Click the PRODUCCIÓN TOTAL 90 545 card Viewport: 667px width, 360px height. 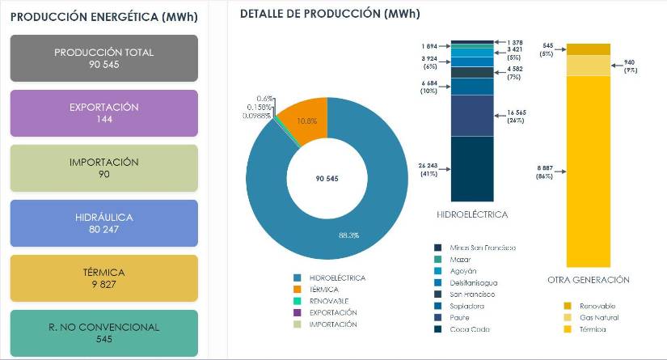click(x=103, y=58)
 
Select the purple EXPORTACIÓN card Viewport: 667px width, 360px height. click(x=103, y=113)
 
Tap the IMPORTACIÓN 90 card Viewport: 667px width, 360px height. click(x=103, y=168)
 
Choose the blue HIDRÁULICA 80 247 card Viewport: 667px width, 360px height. click(x=103, y=223)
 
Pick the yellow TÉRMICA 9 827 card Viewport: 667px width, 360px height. click(x=103, y=278)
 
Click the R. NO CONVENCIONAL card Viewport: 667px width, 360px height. click(x=103, y=333)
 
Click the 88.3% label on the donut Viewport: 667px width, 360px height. click(x=348, y=235)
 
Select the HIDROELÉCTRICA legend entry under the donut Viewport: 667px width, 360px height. click(x=337, y=278)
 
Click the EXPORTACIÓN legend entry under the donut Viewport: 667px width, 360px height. click(x=333, y=312)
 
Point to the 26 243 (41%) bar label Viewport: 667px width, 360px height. click(x=429, y=169)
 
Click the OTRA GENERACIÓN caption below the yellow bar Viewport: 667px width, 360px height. click(x=588, y=280)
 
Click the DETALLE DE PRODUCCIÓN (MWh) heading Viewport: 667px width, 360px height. click(x=330, y=15)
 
